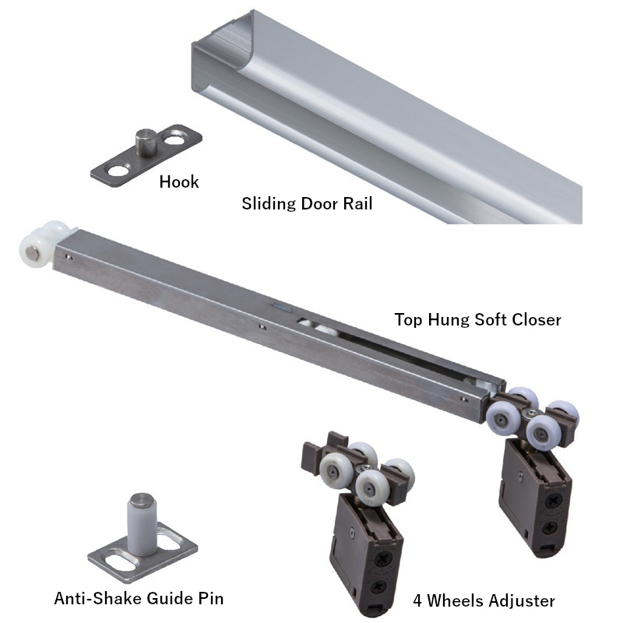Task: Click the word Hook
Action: [x=179, y=182]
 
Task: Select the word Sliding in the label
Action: [x=269, y=204]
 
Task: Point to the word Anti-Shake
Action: [x=98, y=598]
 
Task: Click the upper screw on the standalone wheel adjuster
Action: [x=383, y=560]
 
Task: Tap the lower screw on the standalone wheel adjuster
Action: [x=376, y=586]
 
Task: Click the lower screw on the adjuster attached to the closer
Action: [x=548, y=527]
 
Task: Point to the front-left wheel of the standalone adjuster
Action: [x=334, y=469]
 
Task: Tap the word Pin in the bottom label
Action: [x=209, y=598]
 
